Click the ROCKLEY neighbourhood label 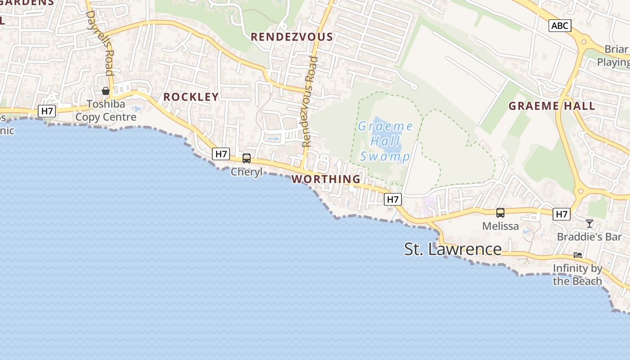191,97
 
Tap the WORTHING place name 326,179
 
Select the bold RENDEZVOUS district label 292,37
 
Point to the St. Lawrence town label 453,249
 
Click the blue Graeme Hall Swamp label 385,141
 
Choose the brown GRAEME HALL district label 552,106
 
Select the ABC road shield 560,26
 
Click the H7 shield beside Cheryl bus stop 221,154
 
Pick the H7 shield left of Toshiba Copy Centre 46,111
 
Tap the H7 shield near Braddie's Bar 562,214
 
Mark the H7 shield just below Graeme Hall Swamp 393,199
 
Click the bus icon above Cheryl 247,158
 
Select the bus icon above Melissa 500,213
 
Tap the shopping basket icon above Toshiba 106,91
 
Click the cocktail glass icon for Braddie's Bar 589,224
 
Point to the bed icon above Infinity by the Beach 578,255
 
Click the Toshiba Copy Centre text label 106,111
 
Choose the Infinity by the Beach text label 577,275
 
